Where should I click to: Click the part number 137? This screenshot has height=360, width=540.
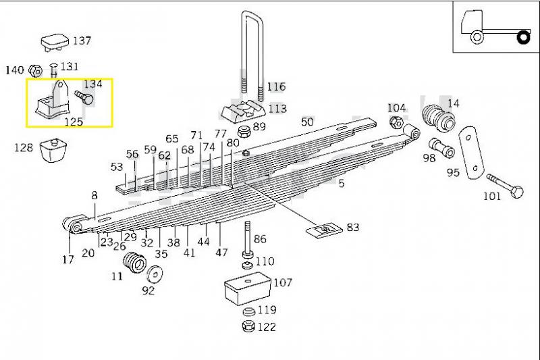[x=82, y=41]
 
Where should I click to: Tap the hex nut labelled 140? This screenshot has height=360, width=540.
[x=36, y=71]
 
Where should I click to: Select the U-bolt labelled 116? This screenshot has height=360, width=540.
[x=252, y=55]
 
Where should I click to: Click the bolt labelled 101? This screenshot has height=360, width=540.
[x=505, y=186]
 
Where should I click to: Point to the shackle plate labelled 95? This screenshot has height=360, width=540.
[x=471, y=153]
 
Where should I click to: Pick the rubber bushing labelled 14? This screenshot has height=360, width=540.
[x=438, y=118]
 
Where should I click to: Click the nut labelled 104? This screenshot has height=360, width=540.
[x=396, y=122]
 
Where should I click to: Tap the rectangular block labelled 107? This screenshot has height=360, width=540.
[x=248, y=288]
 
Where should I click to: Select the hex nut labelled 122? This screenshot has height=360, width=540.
[x=248, y=326]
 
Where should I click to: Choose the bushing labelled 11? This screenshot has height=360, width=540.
[x=134, y=263]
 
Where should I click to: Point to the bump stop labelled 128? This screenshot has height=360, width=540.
[x=53, y=150]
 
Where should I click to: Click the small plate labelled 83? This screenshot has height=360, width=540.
[x=324, y=229]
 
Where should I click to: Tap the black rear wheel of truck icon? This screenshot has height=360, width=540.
[x=524, y=37]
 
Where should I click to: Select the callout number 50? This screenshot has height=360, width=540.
[x=307, y=122]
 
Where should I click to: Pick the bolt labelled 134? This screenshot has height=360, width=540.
[x=84, y=97]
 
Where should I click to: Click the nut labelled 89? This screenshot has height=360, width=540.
[x=244, y=132]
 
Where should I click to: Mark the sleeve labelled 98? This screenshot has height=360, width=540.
[x=442, y=147]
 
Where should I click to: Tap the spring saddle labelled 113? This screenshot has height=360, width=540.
[x=243, y=112]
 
